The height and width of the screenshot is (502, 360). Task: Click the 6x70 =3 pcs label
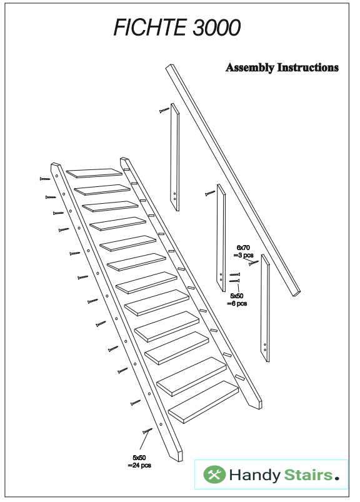click(x=244, y=251)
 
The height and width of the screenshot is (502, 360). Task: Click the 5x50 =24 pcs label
click(x=139, y=461)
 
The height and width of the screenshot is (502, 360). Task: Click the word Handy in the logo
click(x=254, y=476)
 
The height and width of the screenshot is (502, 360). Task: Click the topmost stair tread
click(x=95, y=173)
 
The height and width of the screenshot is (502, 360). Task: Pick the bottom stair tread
click(x=203, y=403)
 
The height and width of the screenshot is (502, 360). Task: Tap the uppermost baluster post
click(x=176, y=157)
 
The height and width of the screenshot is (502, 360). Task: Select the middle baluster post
click(x=221, y=238)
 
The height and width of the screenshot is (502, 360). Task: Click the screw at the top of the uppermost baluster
click(x=164, y=110)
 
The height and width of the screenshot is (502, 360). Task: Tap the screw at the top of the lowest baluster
click(x=254, y=263)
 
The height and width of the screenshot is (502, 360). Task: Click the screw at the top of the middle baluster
click(x=209, y=193)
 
